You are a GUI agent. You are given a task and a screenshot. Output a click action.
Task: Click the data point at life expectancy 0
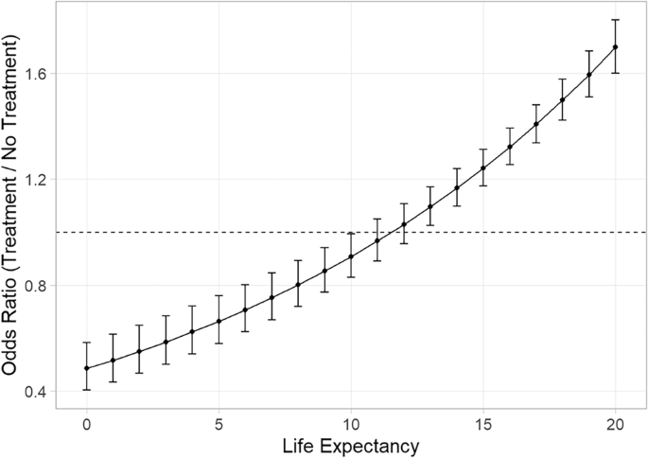(87, 368)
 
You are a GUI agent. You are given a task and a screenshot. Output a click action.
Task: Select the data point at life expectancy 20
(615, 46)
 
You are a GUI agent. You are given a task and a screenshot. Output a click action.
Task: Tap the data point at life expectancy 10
(351, 256)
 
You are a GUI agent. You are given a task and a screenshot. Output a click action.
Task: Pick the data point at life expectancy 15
(483, 168)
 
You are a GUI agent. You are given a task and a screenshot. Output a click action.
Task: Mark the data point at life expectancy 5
(219, 321)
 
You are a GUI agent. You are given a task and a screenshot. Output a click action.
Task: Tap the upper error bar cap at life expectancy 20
(615, 19)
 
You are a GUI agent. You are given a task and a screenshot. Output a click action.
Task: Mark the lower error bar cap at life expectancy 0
(87, 390)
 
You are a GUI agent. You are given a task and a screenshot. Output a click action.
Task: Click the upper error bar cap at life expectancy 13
(430, 187)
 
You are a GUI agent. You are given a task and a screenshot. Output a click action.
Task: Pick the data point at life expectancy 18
(562, 99)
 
